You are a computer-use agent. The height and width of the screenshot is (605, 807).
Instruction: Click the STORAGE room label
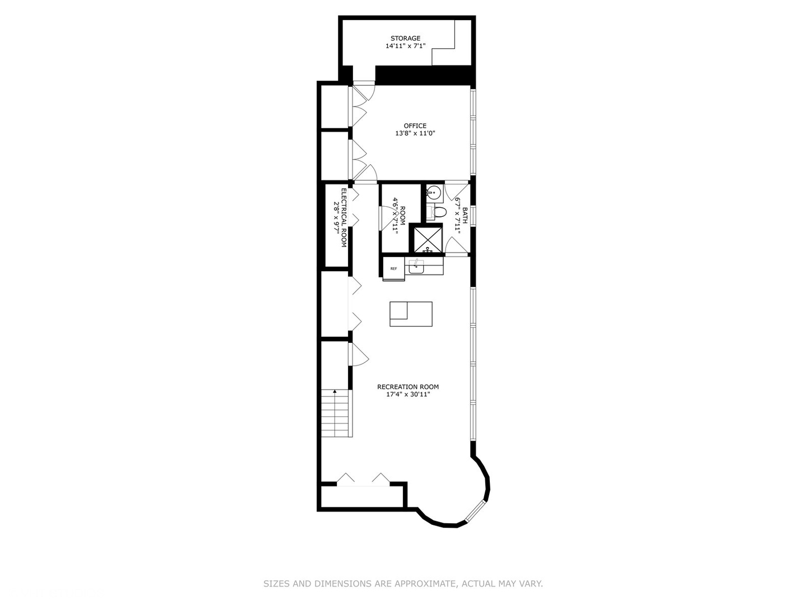point(405,39)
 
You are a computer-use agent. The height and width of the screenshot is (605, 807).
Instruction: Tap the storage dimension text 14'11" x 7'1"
point(405,46)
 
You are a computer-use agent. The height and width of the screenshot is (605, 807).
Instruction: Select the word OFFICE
point(415,126)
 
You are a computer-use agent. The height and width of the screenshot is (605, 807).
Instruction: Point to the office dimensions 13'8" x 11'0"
point(415,134)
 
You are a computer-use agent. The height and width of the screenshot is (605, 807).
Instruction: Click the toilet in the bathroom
point(438,212)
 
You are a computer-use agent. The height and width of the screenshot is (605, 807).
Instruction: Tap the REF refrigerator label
point(393,269)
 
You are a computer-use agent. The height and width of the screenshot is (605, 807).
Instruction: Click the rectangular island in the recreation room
point(411,314)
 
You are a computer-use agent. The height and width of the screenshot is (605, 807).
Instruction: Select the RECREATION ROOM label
point(407,387)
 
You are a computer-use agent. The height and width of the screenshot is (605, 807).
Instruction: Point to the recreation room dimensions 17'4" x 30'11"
point(407,395)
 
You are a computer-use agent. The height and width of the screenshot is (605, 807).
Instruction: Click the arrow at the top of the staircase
point(335,392)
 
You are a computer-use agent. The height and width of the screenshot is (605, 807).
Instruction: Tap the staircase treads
point(336,417)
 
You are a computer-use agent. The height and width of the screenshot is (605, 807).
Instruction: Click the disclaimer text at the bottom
point(403,584)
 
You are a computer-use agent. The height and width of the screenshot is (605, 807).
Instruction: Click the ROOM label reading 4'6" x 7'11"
point(398,215)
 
